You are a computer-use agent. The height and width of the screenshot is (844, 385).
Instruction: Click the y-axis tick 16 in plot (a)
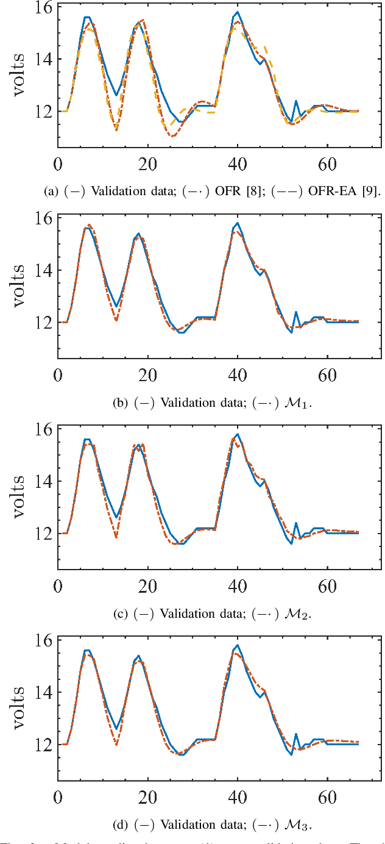(45, 7)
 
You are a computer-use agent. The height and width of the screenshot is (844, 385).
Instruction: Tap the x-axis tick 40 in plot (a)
(237, 165)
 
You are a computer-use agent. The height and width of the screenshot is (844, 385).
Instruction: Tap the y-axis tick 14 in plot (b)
(45, 270)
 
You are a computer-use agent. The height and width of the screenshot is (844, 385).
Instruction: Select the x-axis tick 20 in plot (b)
(147, 376)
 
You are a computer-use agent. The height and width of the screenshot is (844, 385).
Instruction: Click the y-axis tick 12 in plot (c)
(45, 534)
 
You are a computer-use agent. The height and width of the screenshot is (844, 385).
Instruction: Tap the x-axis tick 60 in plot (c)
(327, 587)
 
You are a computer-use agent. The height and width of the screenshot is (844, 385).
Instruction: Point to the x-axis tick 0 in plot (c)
(58, 587)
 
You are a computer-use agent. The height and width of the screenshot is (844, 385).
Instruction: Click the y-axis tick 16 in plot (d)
(45, 640)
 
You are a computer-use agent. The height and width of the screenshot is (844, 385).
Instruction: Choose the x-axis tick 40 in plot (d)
(237, 798)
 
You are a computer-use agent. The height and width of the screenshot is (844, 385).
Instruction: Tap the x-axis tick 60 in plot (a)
(327, 165)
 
